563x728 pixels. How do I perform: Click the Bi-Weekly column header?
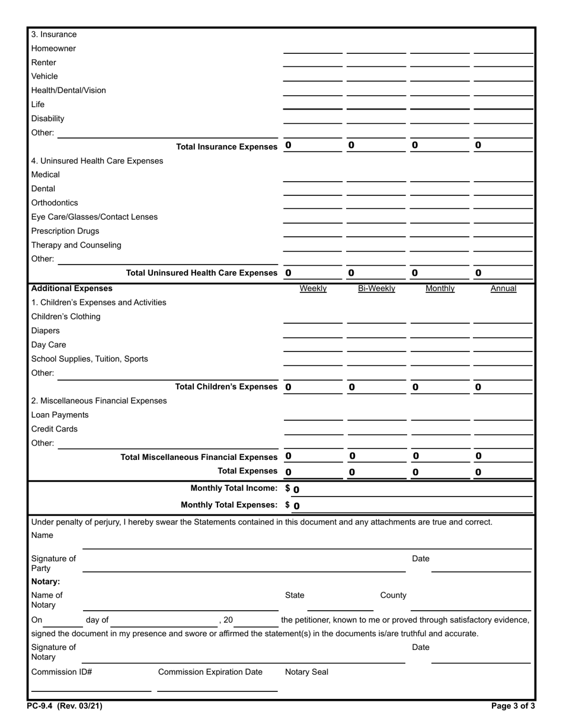(x=376, y=288)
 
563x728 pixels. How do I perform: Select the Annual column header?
(x=503, y=288)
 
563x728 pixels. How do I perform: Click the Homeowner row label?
(x=53, y=49)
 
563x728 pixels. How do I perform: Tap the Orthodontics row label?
(x=55, y=202)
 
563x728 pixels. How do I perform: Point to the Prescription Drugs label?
(x=65, y=231)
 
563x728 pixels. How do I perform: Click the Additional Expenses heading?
(x=72, y=288)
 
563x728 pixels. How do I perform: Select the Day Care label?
(x=49, y=344)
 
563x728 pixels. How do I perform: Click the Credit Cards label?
(x=55, y=429)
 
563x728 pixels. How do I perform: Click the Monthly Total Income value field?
(x=409, y=489)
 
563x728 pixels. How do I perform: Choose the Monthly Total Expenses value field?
(x=409, y=505)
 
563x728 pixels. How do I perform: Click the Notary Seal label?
(x=306, y=672)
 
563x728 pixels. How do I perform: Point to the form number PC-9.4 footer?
(x=60, y=706)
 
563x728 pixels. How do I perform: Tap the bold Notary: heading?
(x=46, y=581)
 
